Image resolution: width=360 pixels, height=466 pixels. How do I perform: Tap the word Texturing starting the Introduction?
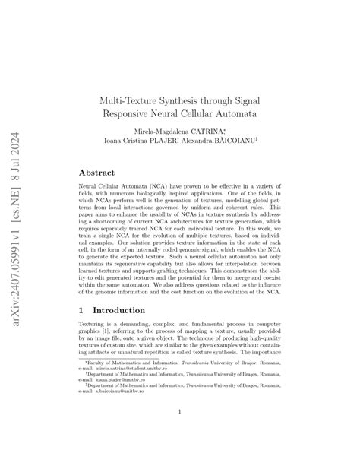click(96, 328)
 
